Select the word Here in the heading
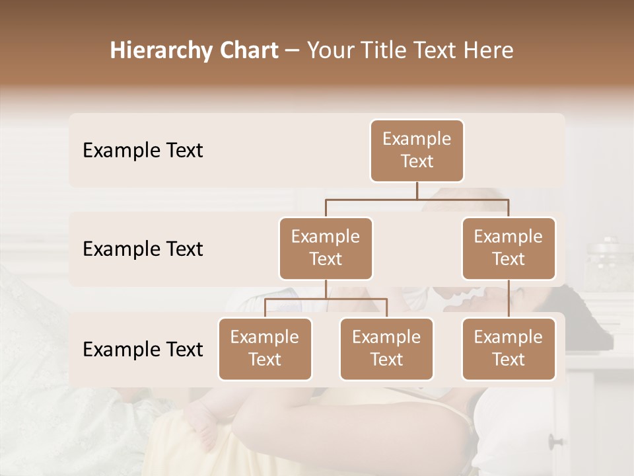coord(489,50)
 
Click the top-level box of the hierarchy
coord(417,151)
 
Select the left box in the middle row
coord(326,249)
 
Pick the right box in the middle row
coord(509,249)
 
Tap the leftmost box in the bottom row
coord(265,349)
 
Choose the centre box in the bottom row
coord(386,349)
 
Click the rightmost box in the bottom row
coord(509,349)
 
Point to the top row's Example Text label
coord(143,151)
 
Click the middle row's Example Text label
coord(143,249)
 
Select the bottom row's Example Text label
coord(143,350)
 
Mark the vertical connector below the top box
coord(417,190)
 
